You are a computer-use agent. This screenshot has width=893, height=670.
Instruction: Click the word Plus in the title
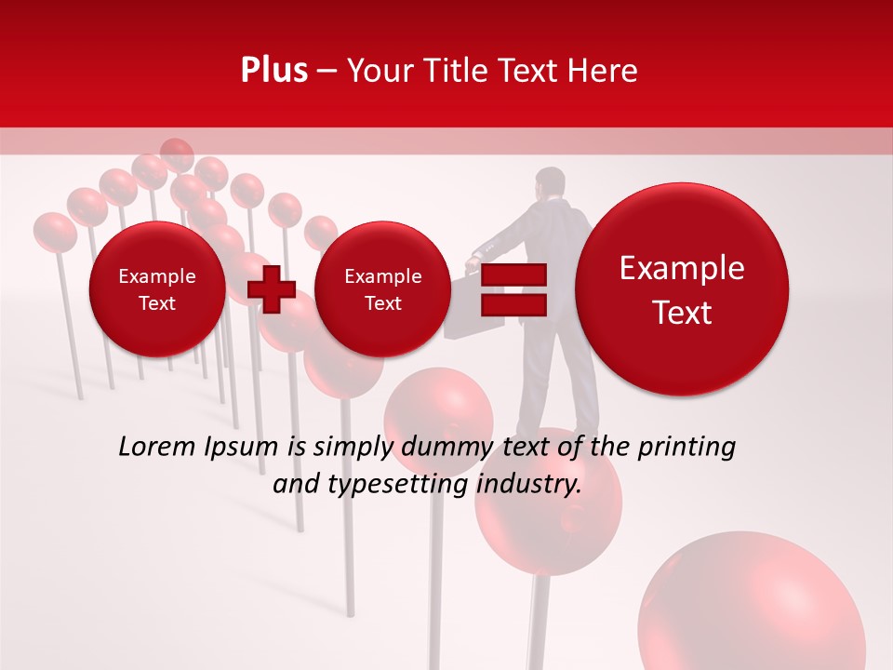point(273,71)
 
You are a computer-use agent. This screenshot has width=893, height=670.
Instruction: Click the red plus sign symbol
point(272,289)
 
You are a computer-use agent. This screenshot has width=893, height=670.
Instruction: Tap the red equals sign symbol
point(513,289)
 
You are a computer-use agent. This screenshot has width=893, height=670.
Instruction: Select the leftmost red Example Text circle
point(156,289)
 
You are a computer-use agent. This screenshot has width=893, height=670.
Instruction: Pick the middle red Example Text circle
point(382,289)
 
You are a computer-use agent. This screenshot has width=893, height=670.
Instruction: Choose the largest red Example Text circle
point(682,289)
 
